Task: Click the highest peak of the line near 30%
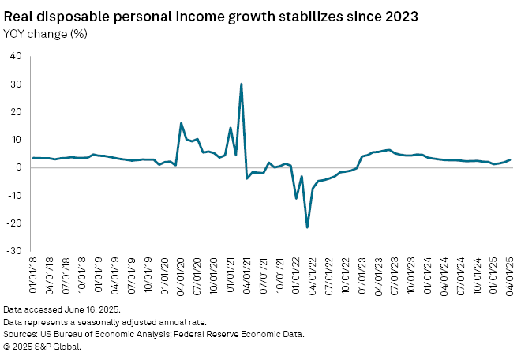[x=241, y=84]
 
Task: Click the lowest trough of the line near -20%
[x=307, y=227]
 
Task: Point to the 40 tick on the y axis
[x=16, y=56]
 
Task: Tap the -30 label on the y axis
[x=14, y=251]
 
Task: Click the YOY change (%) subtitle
[x=45, y=33]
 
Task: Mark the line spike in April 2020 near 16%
[x=182, y=123]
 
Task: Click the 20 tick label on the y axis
[x=16, y=111]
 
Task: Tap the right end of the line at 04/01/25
[x=509, y=159]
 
